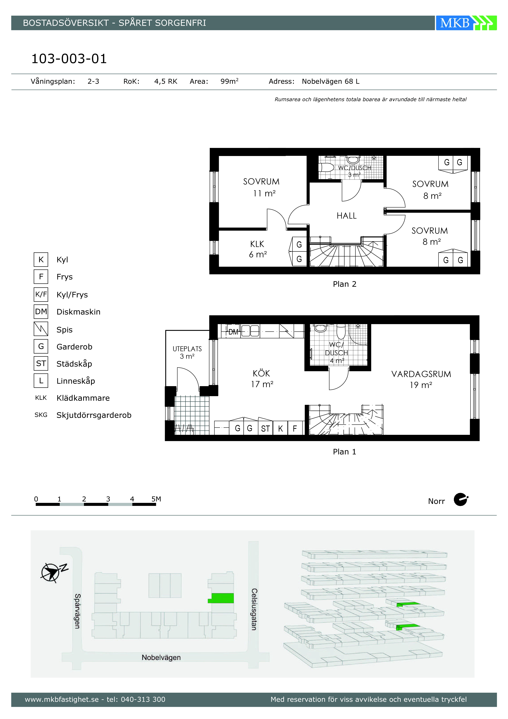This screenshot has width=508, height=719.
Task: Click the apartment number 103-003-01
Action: (69, 59)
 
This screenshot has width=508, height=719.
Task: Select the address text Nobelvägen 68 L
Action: (331, 81)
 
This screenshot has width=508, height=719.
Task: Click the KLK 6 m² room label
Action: (258, 249)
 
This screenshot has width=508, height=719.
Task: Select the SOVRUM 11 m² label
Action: (261, 187)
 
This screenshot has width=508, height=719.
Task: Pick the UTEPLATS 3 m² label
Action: (187, 352)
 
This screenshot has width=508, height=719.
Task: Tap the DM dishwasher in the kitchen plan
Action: (233, 332)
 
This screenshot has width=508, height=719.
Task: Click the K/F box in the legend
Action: (41, 294)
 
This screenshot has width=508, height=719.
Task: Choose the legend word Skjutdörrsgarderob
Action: (94, 415)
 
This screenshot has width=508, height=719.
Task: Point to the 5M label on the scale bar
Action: (156, 499)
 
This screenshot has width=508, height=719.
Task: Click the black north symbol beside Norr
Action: (461, 499)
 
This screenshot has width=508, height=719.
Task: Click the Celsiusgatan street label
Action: (254, 609)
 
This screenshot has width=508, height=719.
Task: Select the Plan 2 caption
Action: (345, 284)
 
